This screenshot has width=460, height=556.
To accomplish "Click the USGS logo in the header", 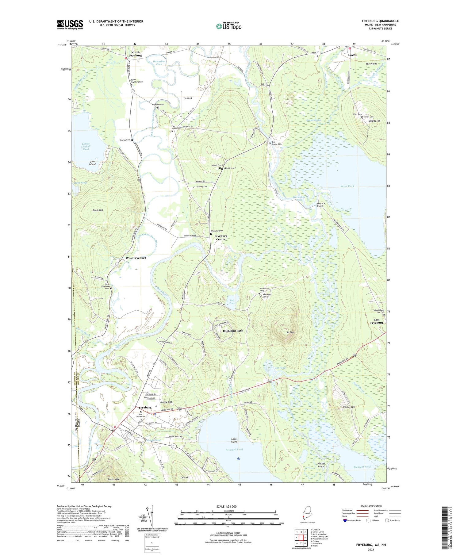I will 70,25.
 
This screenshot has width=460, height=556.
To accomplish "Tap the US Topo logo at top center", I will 228,26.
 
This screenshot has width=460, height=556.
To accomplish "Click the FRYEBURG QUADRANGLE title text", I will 380,21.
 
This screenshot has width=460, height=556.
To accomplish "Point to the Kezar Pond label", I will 347,186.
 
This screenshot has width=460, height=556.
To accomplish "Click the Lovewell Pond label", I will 234,450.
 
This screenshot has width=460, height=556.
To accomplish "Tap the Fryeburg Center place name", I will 220,237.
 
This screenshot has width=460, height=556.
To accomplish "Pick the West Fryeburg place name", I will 136,258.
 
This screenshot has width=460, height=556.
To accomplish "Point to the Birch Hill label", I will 98,210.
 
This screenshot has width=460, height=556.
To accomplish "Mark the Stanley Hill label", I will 348,407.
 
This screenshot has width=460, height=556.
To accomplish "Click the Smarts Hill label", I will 374,121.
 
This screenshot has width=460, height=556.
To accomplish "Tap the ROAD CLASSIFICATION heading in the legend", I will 371,506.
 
